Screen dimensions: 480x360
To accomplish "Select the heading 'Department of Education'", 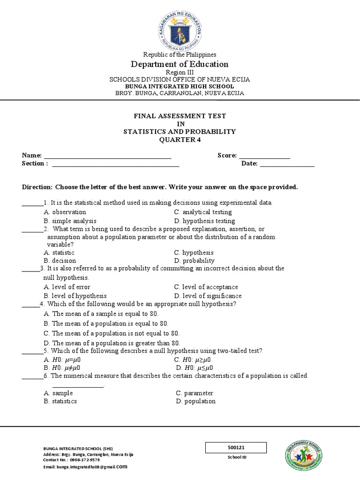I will (x=180, y=64).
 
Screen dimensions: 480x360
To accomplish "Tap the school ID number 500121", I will (x=236, y=448).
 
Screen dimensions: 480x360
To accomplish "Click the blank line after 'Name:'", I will (x=107, y=156).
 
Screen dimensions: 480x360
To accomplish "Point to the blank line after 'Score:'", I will (x=264, y=156).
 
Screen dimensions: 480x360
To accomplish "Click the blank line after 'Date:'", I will (x=287, y=164).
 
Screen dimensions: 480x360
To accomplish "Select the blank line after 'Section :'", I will (x=115, y=164).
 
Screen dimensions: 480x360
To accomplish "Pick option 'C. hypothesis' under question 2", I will (x=194, y=252).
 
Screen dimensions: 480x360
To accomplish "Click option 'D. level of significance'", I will (x=208, y=296).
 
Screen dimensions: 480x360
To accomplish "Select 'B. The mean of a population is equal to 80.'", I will (x=106, y=323).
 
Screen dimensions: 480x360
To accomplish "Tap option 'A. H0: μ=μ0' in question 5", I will (x=62, y=360).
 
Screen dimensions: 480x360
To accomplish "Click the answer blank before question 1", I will (x=32, y=203).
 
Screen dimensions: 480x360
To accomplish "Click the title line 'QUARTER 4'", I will (x=180, y=140).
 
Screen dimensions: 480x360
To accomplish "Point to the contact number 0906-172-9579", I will (x=84, y=460).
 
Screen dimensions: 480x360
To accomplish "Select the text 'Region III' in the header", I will (x=180, y=73).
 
